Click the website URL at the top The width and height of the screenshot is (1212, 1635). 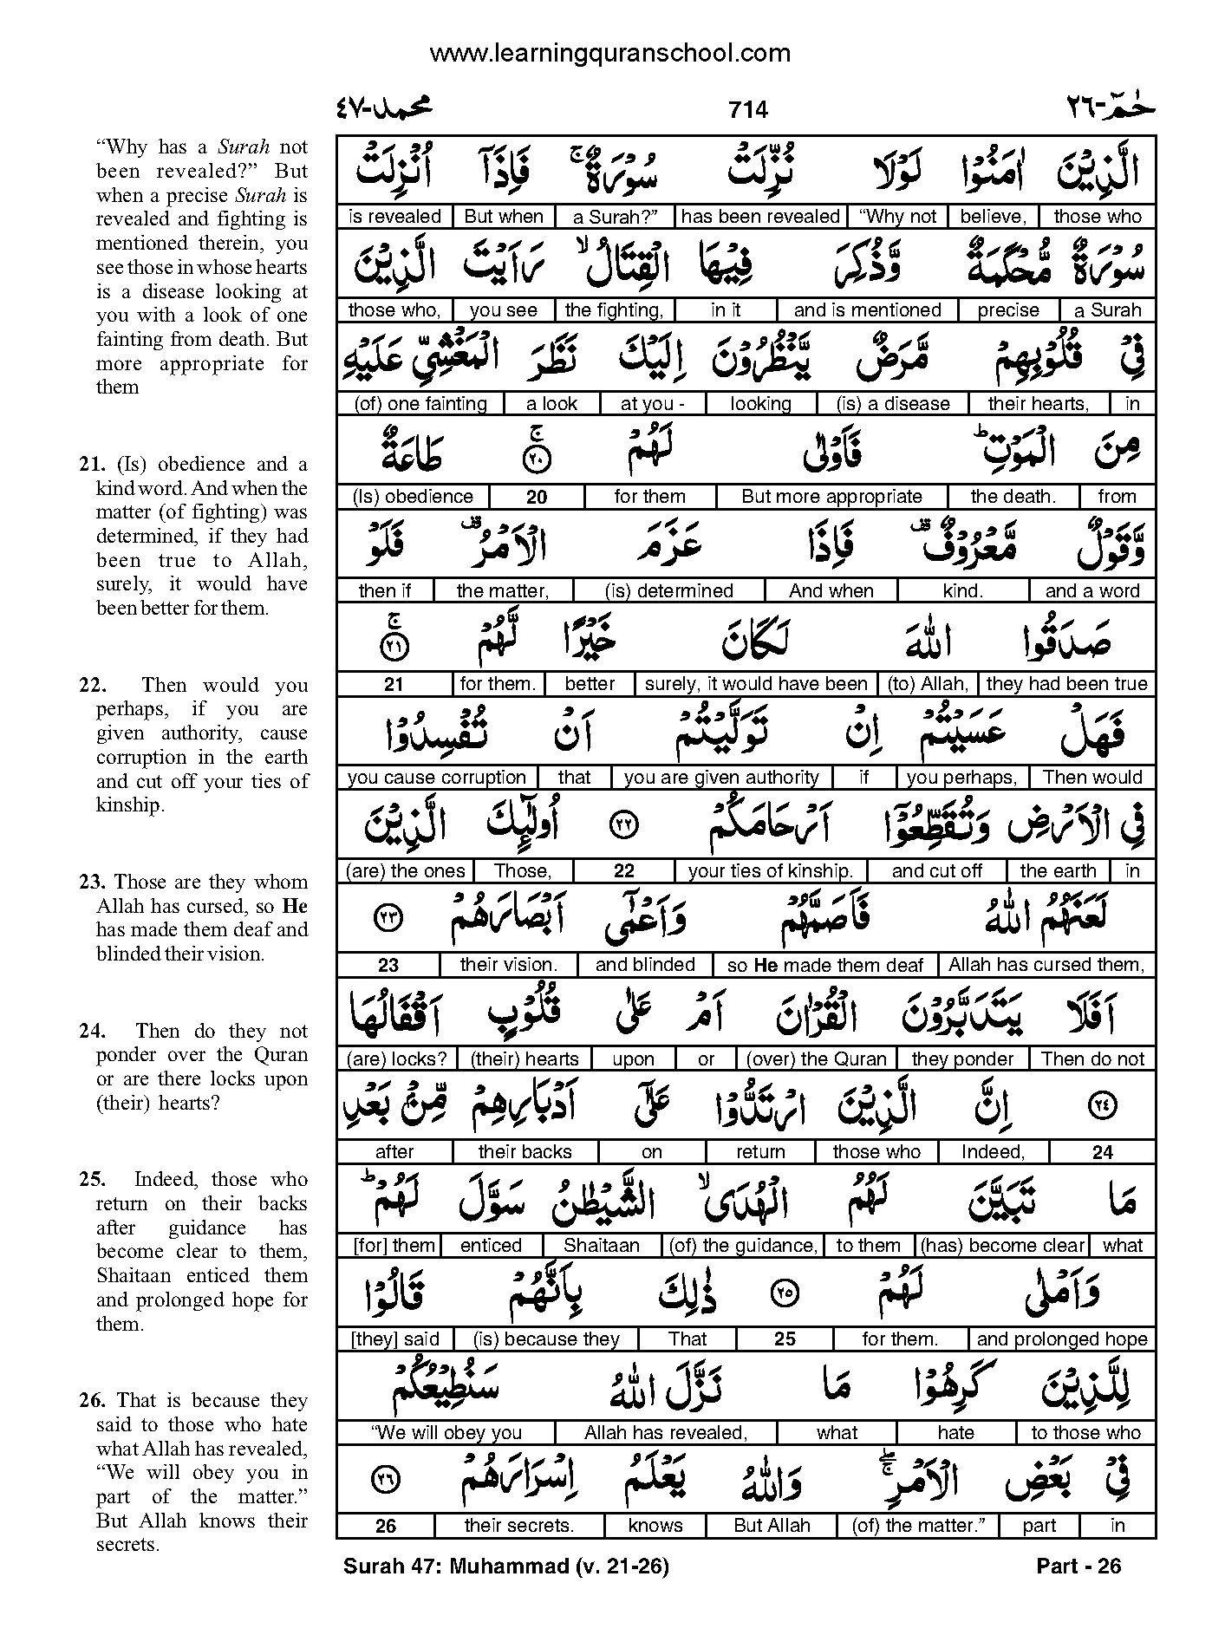point(610,53)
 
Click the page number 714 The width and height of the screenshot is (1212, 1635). point(748,109)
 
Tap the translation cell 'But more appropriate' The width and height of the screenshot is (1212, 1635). point(831,497)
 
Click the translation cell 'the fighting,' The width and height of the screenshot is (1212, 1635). point(614,310)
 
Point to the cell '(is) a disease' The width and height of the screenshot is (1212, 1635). point(893,404)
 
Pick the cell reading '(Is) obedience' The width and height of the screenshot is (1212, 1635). point(413,497)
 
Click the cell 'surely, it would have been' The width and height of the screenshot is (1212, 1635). point(756,684)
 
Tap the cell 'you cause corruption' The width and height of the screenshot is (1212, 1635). point(436,778)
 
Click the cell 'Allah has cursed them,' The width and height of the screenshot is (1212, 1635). point(1046,965)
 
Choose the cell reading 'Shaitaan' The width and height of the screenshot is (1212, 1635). point(601,1246)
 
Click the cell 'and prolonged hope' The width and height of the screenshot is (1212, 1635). point(1061,1339)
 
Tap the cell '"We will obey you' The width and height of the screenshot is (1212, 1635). point(446,1433)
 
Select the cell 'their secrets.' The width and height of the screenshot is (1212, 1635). point(518,1526)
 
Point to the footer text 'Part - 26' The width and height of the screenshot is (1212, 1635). point(1078,1566)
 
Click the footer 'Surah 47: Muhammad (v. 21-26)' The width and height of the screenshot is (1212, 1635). point(506,1566)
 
